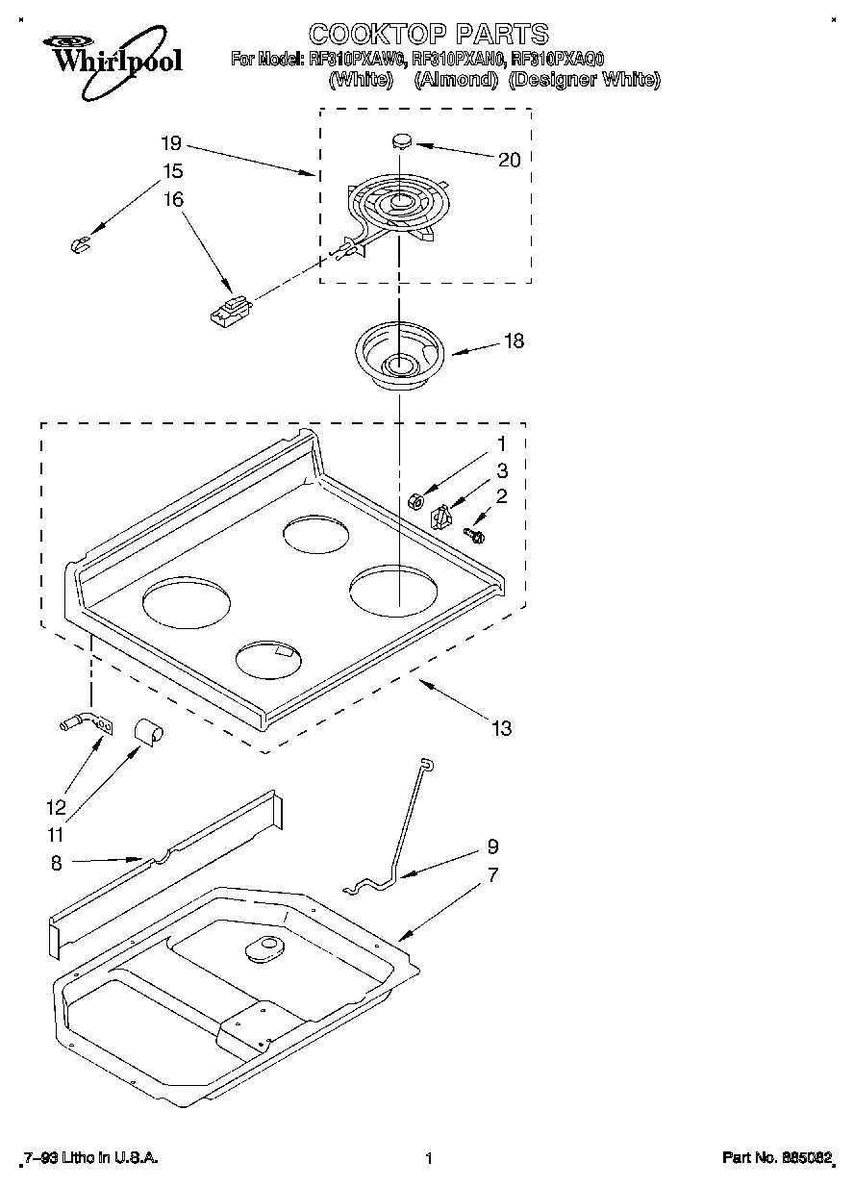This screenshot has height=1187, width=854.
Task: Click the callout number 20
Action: pyautogui.click(x=509, y=160)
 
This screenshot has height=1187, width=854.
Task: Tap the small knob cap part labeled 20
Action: pyautogui.click(x=402, y=140)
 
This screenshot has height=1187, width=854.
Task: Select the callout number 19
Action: pyautogui.click(x=170, y=143)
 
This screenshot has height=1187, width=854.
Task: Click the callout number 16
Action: pyautogui.click(x=173, y=199)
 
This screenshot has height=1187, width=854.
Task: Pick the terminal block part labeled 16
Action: pyautogui.click(x=232, y=311)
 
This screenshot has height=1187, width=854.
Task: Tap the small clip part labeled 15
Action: pyautogui.click(x=81, y=244)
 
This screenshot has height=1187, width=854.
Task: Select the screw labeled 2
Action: pyautogui.click(x=474, y=531)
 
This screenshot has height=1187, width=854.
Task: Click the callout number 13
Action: pyautogui.click(x=501, y=727)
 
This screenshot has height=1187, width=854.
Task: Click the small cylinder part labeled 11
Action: pyautogui.click(x=148, y=729)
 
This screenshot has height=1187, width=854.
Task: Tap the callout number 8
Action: pyautogui.click(x=56, y=864)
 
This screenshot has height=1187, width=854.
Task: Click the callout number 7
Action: pyautogui.click(x=491, y=875)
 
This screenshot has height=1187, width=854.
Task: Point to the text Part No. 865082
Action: pyautogui.click(x=774, y=1159)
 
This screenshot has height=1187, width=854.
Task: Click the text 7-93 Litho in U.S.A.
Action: pyautogui.click(x=89, y=1159)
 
